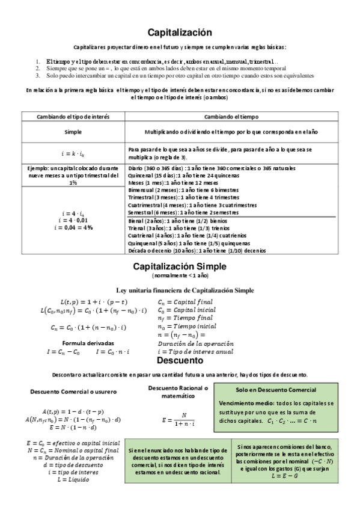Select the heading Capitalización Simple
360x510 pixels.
[x=180, y=266]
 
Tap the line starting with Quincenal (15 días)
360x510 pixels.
[x=184, y=175]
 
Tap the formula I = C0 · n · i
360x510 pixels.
[x=114, y=351]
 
